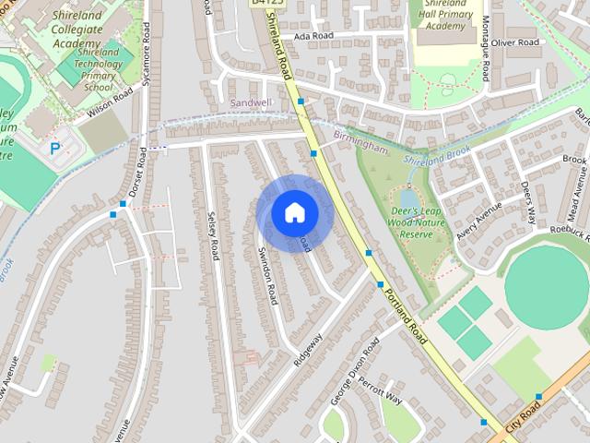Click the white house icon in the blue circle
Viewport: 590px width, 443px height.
pos(294,213)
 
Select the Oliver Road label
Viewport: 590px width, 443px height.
pos(515,42)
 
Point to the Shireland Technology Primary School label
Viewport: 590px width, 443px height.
pos(99,69)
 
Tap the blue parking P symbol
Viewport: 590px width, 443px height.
pos(55,147)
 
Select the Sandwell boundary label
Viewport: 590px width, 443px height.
pos(251,102)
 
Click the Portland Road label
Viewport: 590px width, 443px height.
pos(407,310)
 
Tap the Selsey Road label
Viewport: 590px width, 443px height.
pos(213,235)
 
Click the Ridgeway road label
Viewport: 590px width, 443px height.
pos(308,350)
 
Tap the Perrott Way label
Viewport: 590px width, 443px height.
pos(381,393)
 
